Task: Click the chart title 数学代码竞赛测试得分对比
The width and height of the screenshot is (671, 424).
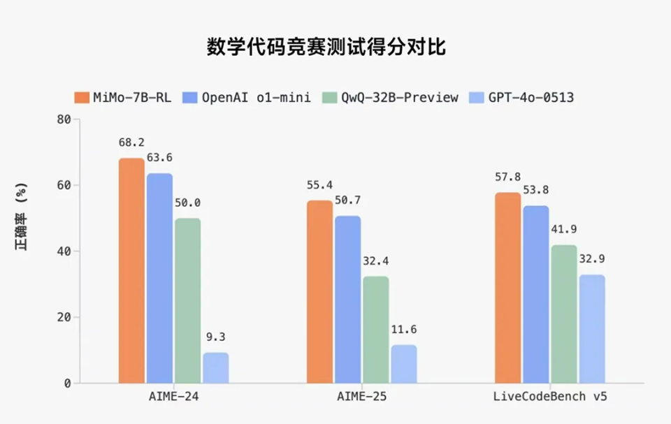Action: pos(326,47)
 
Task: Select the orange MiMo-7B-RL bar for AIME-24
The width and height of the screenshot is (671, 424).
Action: pos(131,271)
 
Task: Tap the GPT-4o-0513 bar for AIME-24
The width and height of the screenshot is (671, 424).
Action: pos(215,368)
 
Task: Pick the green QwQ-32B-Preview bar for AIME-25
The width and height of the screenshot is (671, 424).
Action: pos(376,330)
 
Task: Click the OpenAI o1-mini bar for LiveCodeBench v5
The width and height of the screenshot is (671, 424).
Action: pos(536,295)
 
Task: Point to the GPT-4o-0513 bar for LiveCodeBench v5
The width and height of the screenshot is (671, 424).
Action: pos(592,329)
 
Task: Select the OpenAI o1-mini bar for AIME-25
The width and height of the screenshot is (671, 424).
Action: pos(347,300)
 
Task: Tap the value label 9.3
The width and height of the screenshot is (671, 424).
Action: pos(215,337)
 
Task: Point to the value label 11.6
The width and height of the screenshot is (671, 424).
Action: pos(404,329)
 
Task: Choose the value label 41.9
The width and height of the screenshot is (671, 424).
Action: pos(564,230)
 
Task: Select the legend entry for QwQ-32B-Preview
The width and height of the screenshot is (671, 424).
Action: pos(391,97)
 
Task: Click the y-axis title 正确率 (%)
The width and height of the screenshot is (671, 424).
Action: pos(22,217)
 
